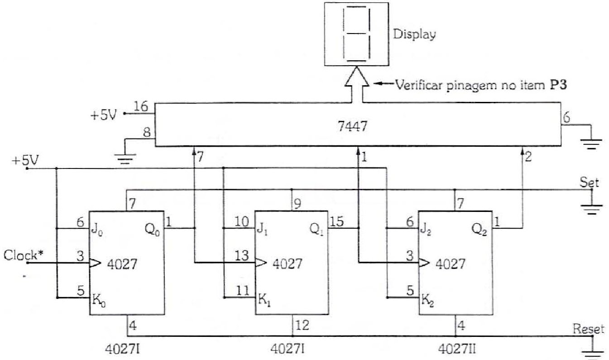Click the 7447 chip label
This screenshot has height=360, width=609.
352,126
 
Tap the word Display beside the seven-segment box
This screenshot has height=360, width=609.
414,34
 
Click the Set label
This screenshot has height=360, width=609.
589,182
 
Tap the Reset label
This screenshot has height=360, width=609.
588,329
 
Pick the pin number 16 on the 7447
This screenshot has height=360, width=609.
141,106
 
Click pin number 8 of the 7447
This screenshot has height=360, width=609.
147,132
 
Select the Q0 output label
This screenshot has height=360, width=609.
153,230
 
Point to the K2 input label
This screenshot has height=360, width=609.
427,301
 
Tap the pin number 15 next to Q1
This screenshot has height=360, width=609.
336,221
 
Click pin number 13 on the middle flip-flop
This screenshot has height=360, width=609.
242,255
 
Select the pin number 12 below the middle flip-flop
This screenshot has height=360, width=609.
302,325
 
